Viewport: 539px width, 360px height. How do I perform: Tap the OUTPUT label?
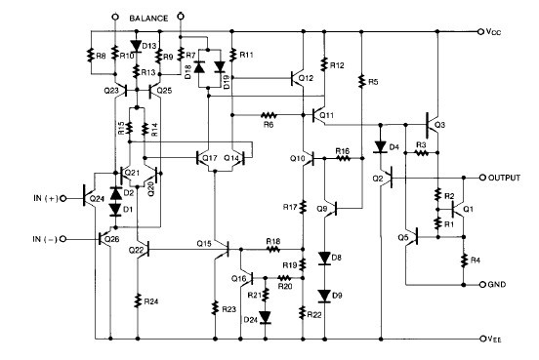click(x=505, y=179)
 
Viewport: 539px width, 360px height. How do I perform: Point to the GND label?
click(x=499, y=286)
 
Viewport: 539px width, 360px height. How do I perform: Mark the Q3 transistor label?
click(x=440, y=126)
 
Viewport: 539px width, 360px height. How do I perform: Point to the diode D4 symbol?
click(x=379, y=148)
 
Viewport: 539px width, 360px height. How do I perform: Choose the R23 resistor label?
click(x=227, y=309)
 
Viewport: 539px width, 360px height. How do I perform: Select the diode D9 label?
click(x=336, y=295)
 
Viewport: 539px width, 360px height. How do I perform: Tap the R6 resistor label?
click(x=266, y=123)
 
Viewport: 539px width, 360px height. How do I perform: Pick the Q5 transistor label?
click(x=403, y=237)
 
